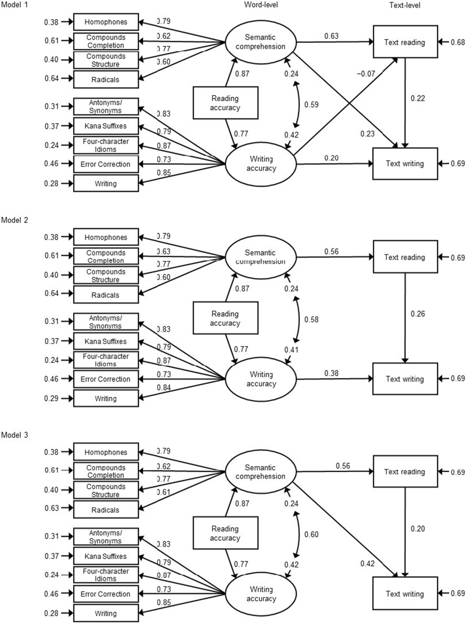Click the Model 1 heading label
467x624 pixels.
click(15, 5)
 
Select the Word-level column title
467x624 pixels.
click(261, 5)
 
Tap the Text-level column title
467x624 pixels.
click(404, 5)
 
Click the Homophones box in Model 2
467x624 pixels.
click(106, 237)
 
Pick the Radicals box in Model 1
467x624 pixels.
click(106, 80)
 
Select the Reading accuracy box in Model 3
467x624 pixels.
click(225, 533)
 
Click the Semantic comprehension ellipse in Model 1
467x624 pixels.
click(260, 42)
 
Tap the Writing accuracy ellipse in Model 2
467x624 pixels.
click(261, 379)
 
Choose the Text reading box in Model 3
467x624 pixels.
click(405, 472)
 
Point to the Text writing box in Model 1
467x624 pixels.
click(405, 164)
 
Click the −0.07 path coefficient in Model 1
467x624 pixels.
click(366, 73)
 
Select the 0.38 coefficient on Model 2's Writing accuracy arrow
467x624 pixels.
click(331, 373)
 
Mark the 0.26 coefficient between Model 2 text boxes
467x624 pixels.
click(418, 314)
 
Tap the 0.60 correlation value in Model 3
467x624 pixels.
click(311, 534)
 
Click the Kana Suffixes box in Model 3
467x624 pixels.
click(106, 556)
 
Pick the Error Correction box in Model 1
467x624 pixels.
click(106, 164)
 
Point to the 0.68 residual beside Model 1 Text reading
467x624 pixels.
click(458, 43)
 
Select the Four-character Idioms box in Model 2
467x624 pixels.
click(106, 360)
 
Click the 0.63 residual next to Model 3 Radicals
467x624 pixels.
click(51, 508)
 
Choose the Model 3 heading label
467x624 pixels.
click(15, 435)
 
